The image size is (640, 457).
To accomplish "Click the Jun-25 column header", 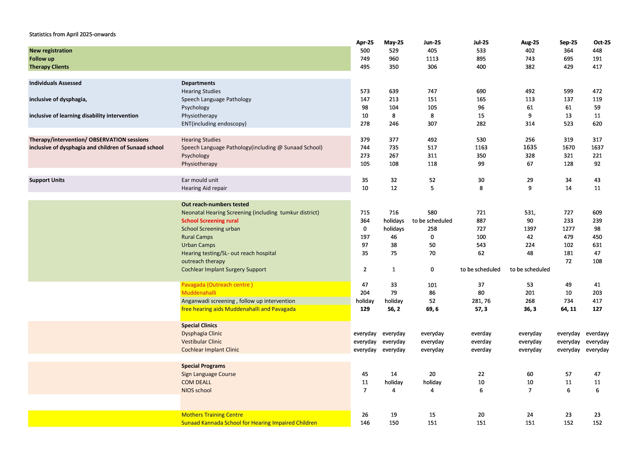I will tap(432, 43).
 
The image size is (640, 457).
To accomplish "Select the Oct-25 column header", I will tap(602, 43).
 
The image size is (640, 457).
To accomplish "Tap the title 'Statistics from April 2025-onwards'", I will tap(72, 34).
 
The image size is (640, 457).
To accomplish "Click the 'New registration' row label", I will tap(50, 51).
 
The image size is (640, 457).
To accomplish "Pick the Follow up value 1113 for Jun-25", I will tap(432, 59).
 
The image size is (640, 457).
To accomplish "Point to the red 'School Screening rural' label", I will tap(210, 221).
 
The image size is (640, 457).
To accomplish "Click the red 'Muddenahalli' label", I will tap(198, 293).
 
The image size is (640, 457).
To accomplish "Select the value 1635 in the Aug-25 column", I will tap(530, 147).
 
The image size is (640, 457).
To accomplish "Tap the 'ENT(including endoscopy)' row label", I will tap(213, 124).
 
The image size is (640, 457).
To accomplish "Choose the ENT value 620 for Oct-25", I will tap(597, 124).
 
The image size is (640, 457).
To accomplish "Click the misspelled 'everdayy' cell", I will tap(597, 333).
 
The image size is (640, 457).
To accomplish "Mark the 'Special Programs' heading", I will tap(203, 366).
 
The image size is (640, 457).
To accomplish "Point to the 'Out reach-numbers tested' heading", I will tap(215, 204).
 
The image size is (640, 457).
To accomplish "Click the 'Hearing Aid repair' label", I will tap(204, 188).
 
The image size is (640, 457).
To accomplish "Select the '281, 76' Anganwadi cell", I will tap(481, 301).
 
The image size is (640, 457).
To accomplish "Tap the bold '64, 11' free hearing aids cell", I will tap(568, 309).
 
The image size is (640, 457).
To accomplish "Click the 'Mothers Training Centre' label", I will tap(212, 414).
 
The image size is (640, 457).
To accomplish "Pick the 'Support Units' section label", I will tap(47, 180).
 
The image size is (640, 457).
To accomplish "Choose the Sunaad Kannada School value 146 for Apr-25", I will tap(365, 423).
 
